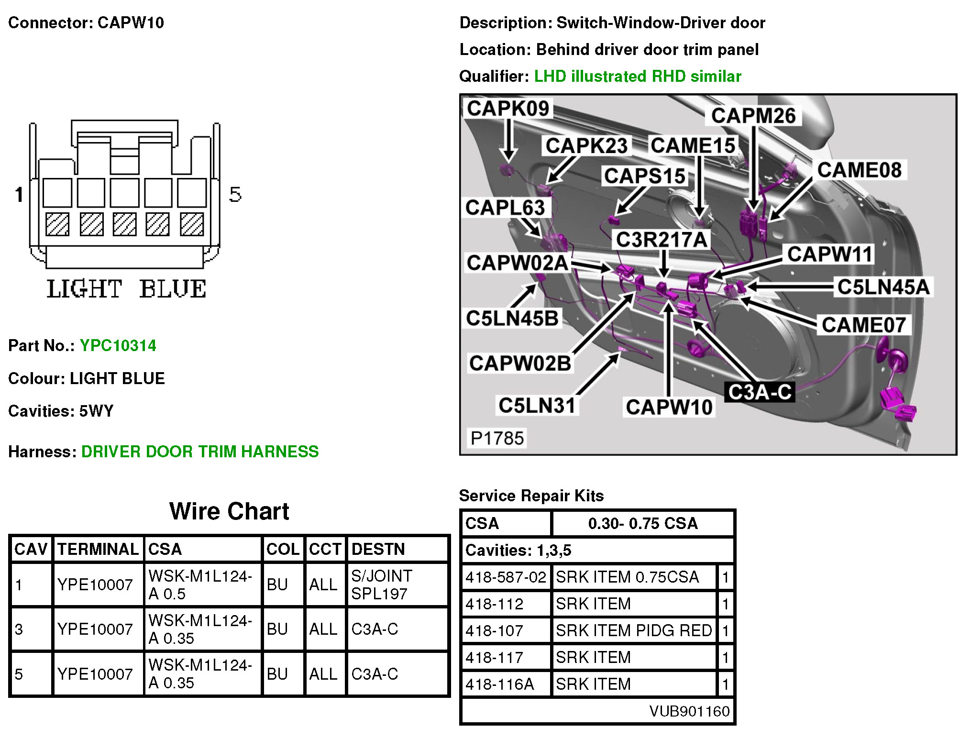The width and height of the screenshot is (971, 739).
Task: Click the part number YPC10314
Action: [x=118, y=345]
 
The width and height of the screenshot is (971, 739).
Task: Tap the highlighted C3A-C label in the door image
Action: [x=759, y=392]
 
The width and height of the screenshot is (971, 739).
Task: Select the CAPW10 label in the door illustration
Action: [x=669, y=407]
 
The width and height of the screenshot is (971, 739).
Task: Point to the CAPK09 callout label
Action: [x=508, y=109]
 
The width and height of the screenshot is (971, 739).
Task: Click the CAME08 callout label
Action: [x=859, y=170]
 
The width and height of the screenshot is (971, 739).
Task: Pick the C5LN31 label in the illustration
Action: [x=537, y=406]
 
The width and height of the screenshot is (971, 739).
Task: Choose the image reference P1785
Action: [x=497, y=438]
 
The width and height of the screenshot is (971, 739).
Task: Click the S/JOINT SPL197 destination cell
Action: [x=381, y=585]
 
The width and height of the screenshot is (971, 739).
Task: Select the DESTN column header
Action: [x=378, y=549]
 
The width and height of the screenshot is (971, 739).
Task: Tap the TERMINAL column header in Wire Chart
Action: [x=98, y=549]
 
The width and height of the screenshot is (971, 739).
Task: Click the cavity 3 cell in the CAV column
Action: [x=19, y=629]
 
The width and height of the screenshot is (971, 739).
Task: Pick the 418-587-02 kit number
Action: [x=506, y=577]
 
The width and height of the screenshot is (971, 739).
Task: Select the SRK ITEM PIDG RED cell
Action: [x=633, y=630]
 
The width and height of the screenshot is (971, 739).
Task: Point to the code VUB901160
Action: [x=689, y=711]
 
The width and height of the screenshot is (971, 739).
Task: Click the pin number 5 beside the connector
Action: [x=235, y=194]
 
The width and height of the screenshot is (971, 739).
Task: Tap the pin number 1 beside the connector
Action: [x=19, y=194]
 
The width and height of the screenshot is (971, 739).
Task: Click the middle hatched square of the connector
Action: [x=124, y=224]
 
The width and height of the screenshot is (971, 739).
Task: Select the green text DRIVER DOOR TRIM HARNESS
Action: [x=200, y=452]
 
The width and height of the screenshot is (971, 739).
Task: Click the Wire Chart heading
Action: [x=229, y=511]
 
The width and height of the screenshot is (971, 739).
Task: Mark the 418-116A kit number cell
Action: [x=499, y=684]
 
